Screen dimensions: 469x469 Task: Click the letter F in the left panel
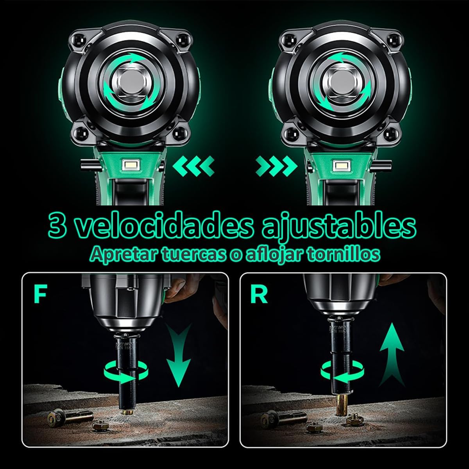point(40,295)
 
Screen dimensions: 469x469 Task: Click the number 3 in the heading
point(57,228)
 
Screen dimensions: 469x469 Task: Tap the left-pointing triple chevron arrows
point(194,166)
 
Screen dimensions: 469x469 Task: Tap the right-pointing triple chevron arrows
point(276,166)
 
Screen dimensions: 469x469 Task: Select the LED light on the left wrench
point(131,165)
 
